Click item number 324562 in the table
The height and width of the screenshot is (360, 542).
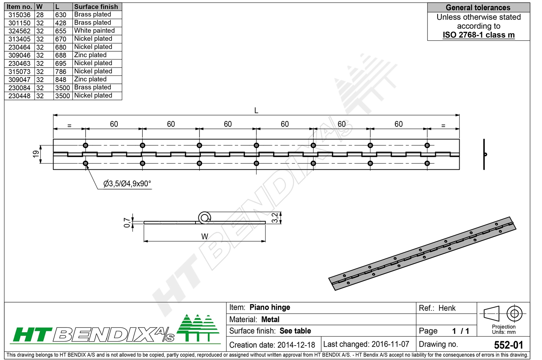coord(20,31)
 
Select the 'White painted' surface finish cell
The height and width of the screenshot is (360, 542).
coord(94,31)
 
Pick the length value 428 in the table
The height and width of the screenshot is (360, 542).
coord(61,23)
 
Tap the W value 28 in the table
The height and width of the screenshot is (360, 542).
coord(40,15)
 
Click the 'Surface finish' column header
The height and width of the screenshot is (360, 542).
coord(96,6)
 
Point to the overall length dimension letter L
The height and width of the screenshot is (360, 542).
coord(256,110)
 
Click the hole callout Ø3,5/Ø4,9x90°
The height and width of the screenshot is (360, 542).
coord(127,184)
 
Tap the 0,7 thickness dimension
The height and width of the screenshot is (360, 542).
coord(127,222)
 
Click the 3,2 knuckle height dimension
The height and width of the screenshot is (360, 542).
coord(275,218)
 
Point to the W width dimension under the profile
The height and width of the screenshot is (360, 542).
coord(205,237)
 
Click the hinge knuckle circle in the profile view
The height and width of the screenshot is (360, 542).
coord(205,217)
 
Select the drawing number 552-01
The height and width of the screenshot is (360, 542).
coord(508,345)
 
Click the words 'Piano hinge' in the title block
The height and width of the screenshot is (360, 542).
coord(270,307)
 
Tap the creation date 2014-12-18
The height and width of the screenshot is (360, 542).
coord(296,345)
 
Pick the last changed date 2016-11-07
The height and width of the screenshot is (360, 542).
coord(390,344)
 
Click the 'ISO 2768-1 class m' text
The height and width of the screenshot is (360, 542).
coord(478,35)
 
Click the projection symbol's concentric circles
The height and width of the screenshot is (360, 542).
coord(514,313)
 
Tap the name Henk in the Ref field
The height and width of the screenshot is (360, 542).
coord(447,308)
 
